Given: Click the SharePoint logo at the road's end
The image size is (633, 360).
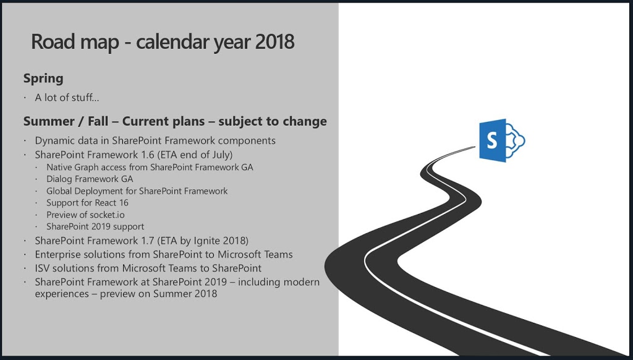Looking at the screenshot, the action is (x=502, y=140).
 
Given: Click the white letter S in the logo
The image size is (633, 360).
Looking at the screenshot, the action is (x=491, y=140).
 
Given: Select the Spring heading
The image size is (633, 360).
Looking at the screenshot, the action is (x=43, y=79).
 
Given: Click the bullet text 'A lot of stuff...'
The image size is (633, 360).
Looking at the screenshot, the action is (x=67, y=97).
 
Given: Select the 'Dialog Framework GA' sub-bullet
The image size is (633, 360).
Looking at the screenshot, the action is (x=90, y=179).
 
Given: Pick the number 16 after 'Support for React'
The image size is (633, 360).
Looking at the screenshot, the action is (x=124, y=203).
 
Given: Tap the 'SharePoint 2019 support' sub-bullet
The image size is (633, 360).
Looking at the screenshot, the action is (x=95, y=226).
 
